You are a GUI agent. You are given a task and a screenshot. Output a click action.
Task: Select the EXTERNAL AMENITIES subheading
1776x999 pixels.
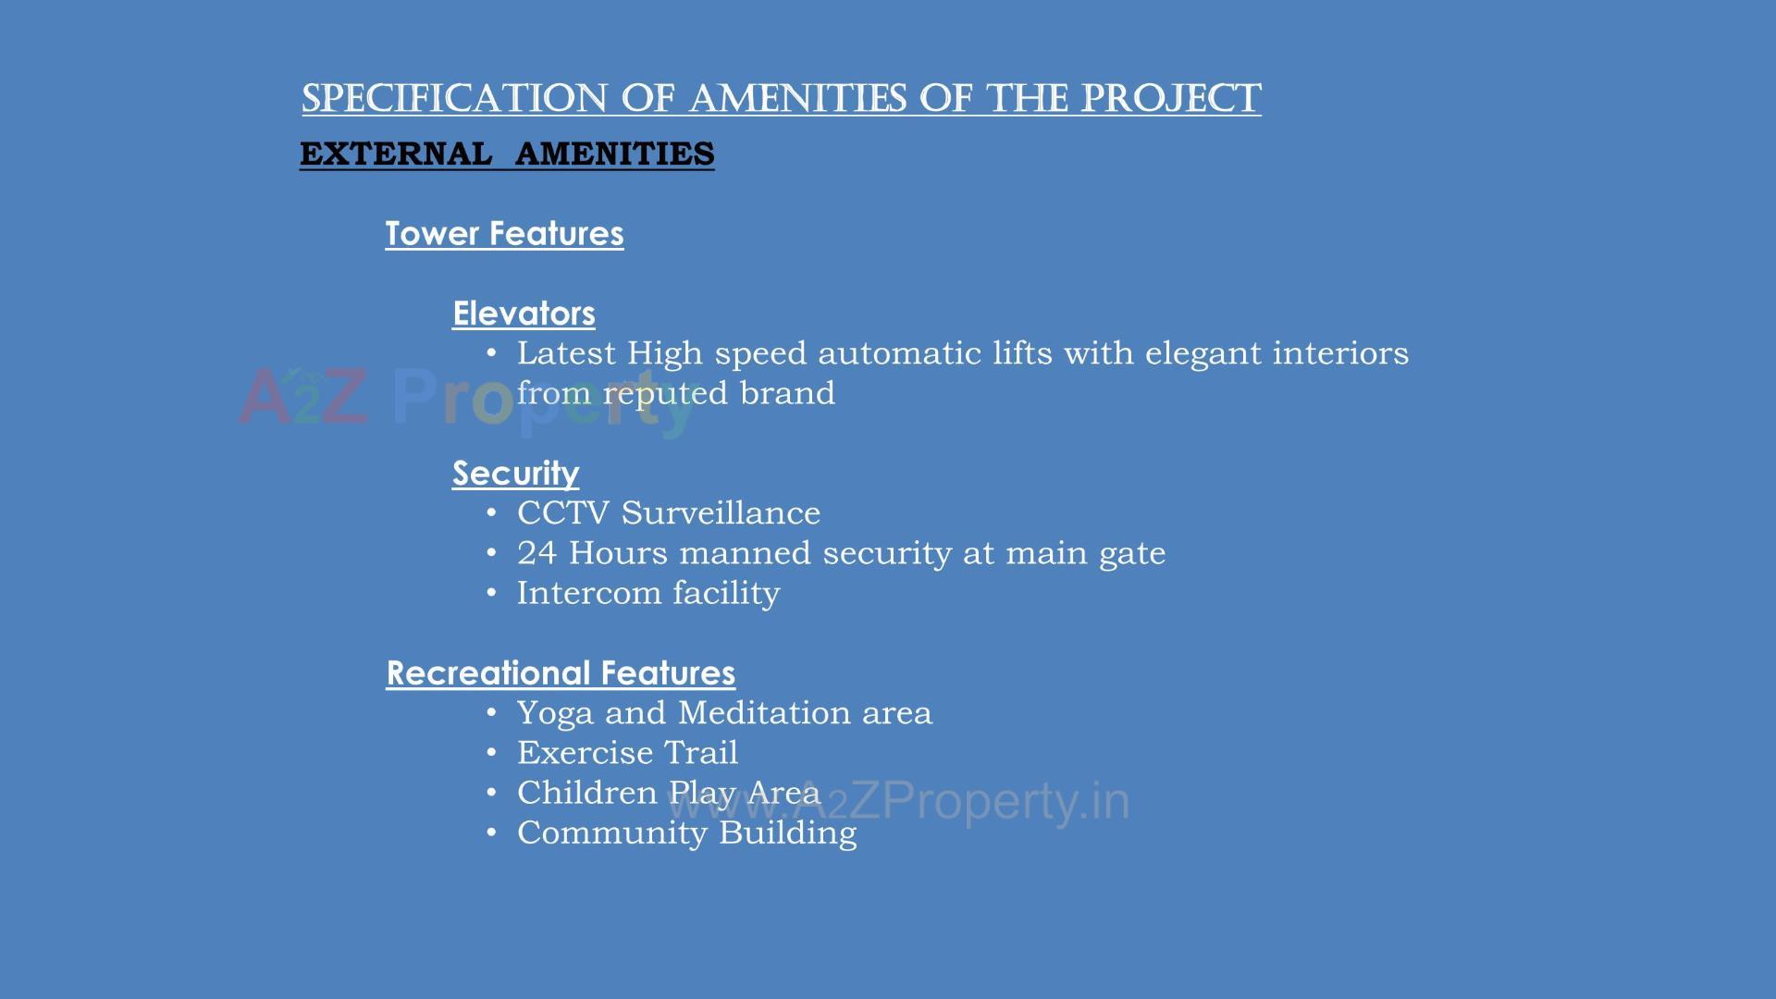(x=507, y=154)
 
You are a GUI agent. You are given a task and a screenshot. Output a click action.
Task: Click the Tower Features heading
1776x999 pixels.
(x=504, y=233)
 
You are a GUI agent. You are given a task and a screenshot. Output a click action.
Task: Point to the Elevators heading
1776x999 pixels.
(x=524, y=314)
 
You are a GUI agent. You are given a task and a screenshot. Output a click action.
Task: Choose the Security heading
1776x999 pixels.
(x=515, y=473)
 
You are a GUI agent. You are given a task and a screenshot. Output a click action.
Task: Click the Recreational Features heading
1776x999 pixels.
(x=561, y=672)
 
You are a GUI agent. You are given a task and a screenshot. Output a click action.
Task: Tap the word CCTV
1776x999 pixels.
(x=562, y=512)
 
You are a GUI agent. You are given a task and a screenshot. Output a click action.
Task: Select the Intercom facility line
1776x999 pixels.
(x=648, y=593)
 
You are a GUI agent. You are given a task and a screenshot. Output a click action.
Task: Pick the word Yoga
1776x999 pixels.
(x=555, y=713)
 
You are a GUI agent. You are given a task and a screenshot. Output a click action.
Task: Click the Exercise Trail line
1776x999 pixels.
(x=627, y=753)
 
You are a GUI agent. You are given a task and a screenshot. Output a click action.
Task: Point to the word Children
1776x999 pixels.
(x=586, y=793)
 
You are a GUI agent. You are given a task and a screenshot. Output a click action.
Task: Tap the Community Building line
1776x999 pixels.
(x=686, y=832)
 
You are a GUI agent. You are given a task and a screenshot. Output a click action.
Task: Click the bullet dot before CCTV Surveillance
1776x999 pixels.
(x=491, y=512)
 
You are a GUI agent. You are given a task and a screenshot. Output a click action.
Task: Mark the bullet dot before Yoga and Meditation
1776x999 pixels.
(x=491, y=712)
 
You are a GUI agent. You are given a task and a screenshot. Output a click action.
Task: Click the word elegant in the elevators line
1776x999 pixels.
(x=1202, y=353)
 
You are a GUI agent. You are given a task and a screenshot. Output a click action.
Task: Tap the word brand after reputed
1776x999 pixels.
(x=787, y=393)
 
